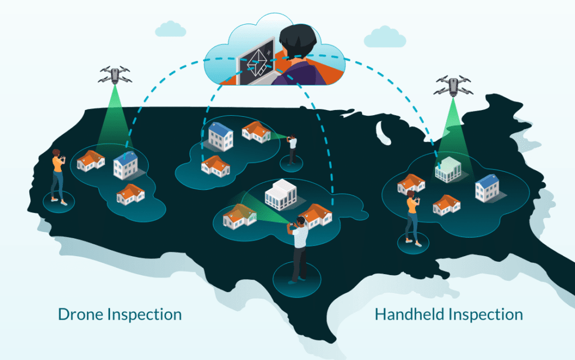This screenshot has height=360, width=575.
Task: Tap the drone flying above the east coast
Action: tap(453, 85)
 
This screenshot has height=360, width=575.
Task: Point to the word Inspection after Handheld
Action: tap(489, 314)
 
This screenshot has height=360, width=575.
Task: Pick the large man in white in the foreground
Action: tap(298, 247)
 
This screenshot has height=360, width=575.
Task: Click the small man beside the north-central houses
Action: tap(292, 148)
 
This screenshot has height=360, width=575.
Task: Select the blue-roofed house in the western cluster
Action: tap(125, 163)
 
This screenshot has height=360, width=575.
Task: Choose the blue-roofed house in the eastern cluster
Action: tap(486, 188)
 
